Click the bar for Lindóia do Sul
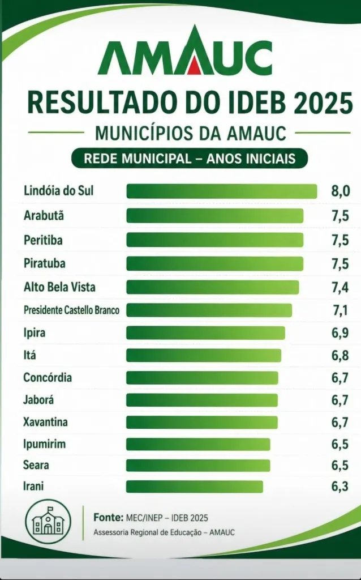coord(222,191)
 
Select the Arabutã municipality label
coord(44,215)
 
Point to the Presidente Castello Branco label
coord(71,310)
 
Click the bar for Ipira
coord(205,332)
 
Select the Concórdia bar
coord(202,378)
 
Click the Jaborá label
coord(38,400)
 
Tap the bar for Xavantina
coord(202,423)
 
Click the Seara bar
coord(198,466)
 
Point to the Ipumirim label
coord(44,443)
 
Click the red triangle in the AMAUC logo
coord(194,67)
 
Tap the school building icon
coord(48,522)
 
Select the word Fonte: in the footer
coord(109,517)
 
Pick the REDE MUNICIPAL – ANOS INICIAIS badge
coord(190,159)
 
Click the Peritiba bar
coord(214,240)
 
